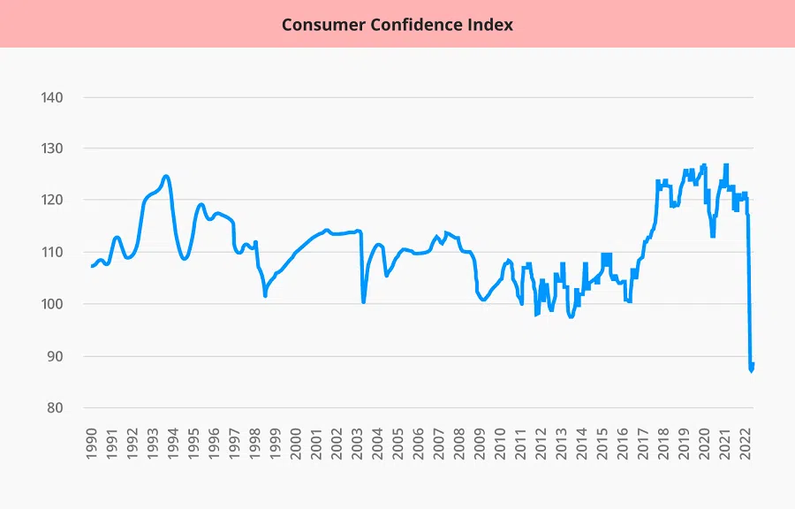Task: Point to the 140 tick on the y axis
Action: (x=53, y=97)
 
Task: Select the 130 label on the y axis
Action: (x=53, y=148)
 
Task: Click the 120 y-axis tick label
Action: (x=53, y=201)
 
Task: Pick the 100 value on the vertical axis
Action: (x=53, y=304)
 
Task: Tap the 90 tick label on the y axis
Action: (x=57, y=356)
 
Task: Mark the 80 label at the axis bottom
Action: (x=57, y=408)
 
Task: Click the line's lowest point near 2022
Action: (x=751, y=371)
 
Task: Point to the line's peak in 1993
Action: (x=166, y=176)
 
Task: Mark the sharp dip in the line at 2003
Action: (x=363, y=302)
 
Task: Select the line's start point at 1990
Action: (x=92, y=266)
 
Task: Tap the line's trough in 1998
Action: (x=265, y=296)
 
